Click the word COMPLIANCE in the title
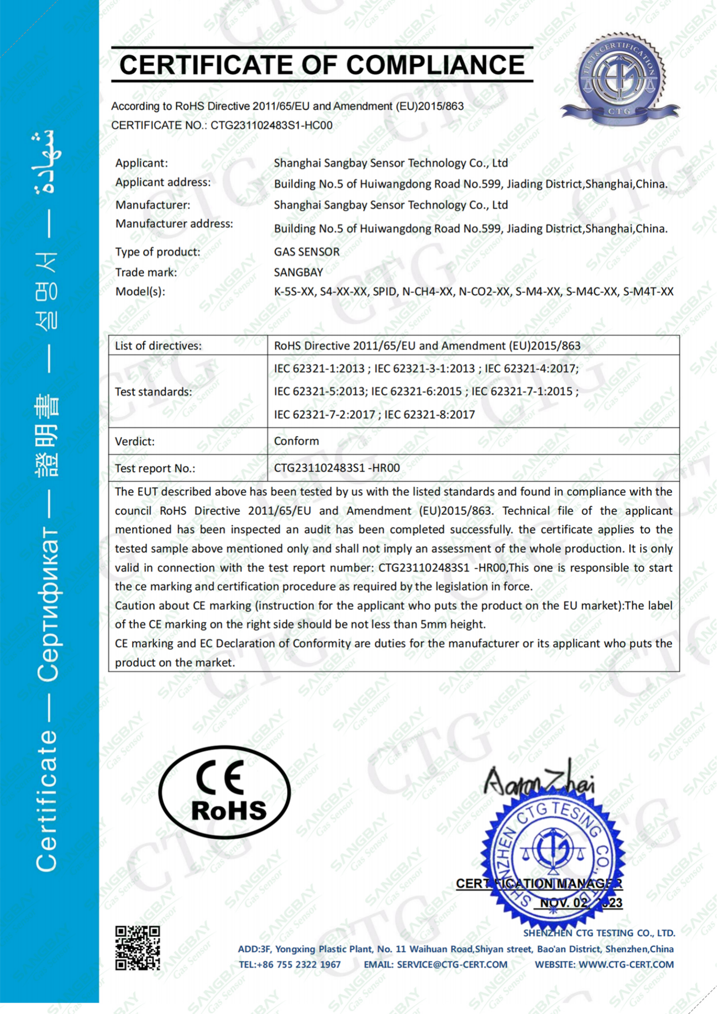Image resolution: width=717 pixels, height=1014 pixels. click(435, 66)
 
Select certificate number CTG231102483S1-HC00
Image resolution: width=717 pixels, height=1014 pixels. click(271, 125)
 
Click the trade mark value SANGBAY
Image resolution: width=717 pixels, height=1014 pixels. click(298, 272)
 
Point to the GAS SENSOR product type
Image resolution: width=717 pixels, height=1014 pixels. click(307, 252)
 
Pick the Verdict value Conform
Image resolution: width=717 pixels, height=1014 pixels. click(296, 441)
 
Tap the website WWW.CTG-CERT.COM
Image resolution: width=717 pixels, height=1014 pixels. click(626, 964)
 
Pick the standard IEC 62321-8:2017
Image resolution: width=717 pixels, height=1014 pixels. click(430, 414)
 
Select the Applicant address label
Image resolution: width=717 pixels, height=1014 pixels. click(163, 182)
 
